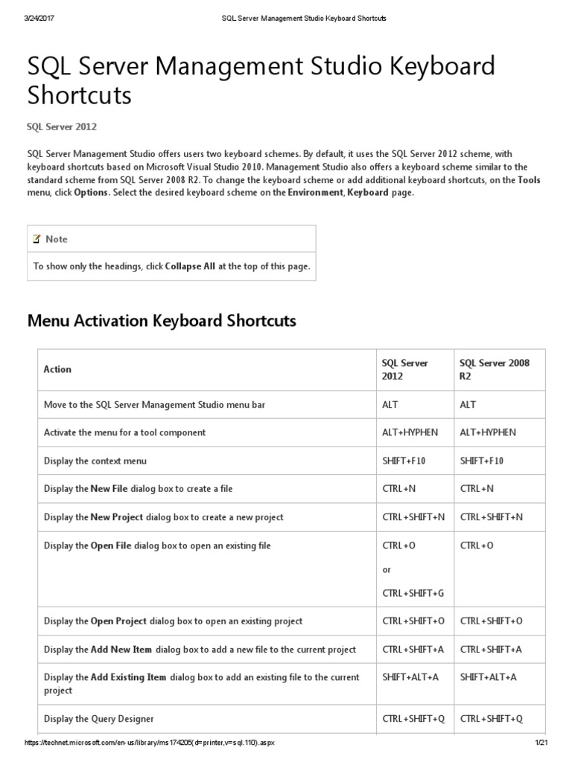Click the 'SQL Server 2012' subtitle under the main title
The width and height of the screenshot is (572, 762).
[62, 127]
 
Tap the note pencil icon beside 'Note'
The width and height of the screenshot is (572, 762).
[36, 239]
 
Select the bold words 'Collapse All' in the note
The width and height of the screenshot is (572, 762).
[191, 266]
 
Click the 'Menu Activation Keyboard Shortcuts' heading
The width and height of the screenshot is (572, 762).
[162, 321]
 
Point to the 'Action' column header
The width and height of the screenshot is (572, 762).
[57, 369]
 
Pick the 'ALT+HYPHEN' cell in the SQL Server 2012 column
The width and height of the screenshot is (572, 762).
[410, 432]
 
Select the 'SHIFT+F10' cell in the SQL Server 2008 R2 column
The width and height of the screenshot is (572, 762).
[482, 461]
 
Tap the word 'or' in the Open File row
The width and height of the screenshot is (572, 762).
[387, 569]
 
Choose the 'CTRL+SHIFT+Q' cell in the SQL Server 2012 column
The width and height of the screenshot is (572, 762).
[413, 719]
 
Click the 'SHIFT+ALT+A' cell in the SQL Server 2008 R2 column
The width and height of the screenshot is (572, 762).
[488, 677]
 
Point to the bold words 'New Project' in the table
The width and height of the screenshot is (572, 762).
[117, 517]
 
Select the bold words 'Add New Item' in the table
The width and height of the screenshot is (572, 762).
[121, 650]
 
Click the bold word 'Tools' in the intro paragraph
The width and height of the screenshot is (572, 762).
[529, 180]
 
